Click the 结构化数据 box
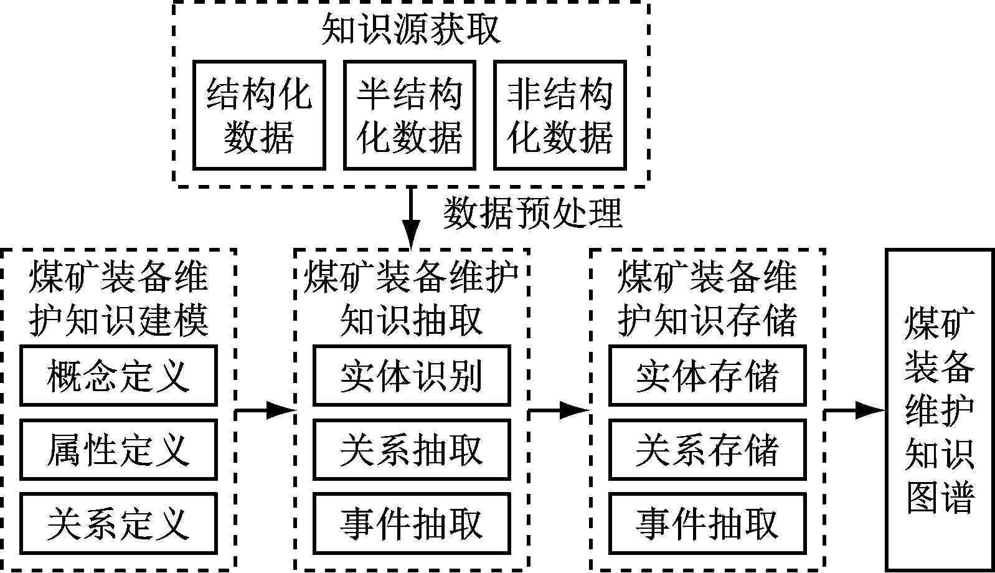pos(259,115)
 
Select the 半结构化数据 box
pos(410,115)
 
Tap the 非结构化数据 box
pos(560,115)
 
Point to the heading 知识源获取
pos(411,29)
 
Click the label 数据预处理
pos(533,214)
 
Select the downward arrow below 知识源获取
pos(410,218)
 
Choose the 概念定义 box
pos(118,376)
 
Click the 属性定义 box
pos(118,450)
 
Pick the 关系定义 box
pos(118,523)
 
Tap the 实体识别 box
pos(412,376)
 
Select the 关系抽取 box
pos(412,450)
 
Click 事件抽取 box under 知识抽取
pos(412,523)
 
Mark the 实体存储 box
pos(707,376)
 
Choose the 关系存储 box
pos(707,450)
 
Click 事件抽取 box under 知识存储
pos(707,523)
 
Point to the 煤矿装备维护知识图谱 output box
pos(940,409)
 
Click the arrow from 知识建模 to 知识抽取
pos(265,410)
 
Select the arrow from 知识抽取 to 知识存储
pos(559,410)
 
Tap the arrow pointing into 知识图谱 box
pos(855,410)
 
